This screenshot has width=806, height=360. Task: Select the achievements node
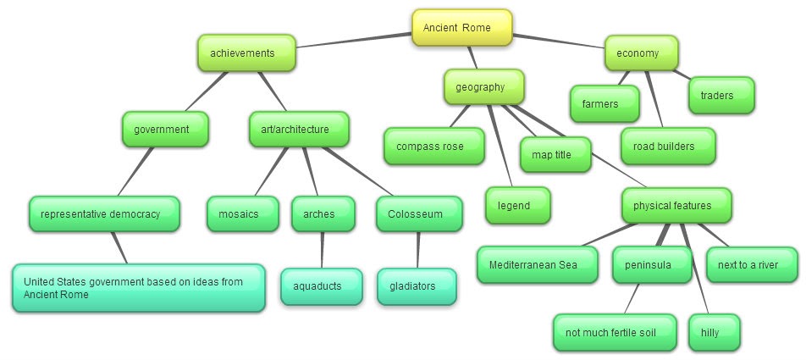click(247, 53)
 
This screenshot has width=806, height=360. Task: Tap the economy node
click(643, 53)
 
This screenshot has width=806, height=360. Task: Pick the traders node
click(722, 96)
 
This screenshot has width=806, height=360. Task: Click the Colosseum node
click(419, 214)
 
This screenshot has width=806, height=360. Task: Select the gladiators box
click(417, 286)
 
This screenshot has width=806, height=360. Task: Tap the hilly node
click(714, 333)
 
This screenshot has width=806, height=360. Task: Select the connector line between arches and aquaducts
click(321, 250)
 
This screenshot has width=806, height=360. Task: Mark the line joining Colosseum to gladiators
click(417, 250)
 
